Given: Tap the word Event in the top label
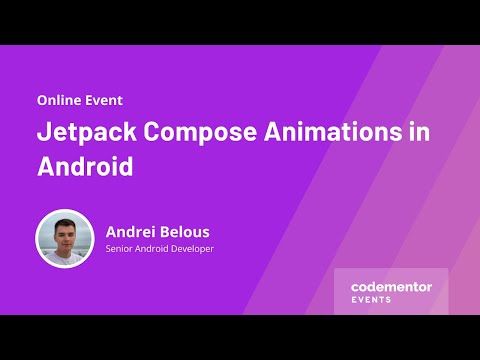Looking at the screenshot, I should click(103, 100).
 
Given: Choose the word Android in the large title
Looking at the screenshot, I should click(85, 166).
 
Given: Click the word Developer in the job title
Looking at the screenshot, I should click(192, 248).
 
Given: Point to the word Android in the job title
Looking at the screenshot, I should click(154, 248).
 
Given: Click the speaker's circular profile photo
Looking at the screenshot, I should click(65, 238).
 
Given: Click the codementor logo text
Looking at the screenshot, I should click(391, 286).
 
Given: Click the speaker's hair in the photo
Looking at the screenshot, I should click(65, 221).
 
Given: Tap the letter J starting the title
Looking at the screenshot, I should click(43, 133).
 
